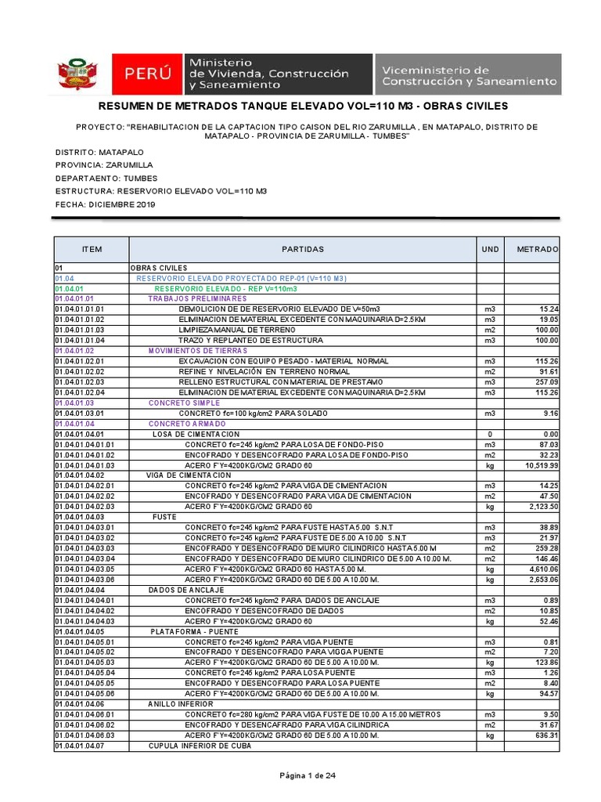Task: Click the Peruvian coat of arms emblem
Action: [76, 74]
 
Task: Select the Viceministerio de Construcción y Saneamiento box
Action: [468, 74]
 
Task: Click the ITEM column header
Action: [92, 249]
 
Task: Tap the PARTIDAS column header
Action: [302, 249]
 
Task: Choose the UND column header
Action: [489, 249]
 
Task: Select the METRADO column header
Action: [537, 249]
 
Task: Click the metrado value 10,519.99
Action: [538, 465]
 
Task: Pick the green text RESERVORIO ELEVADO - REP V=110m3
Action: [210, 288]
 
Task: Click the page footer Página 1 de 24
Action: [308, 775]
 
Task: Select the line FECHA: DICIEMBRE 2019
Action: [105, 204]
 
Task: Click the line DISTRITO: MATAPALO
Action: [99, 151]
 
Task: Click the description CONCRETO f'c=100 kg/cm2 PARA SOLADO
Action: [253, 413]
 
